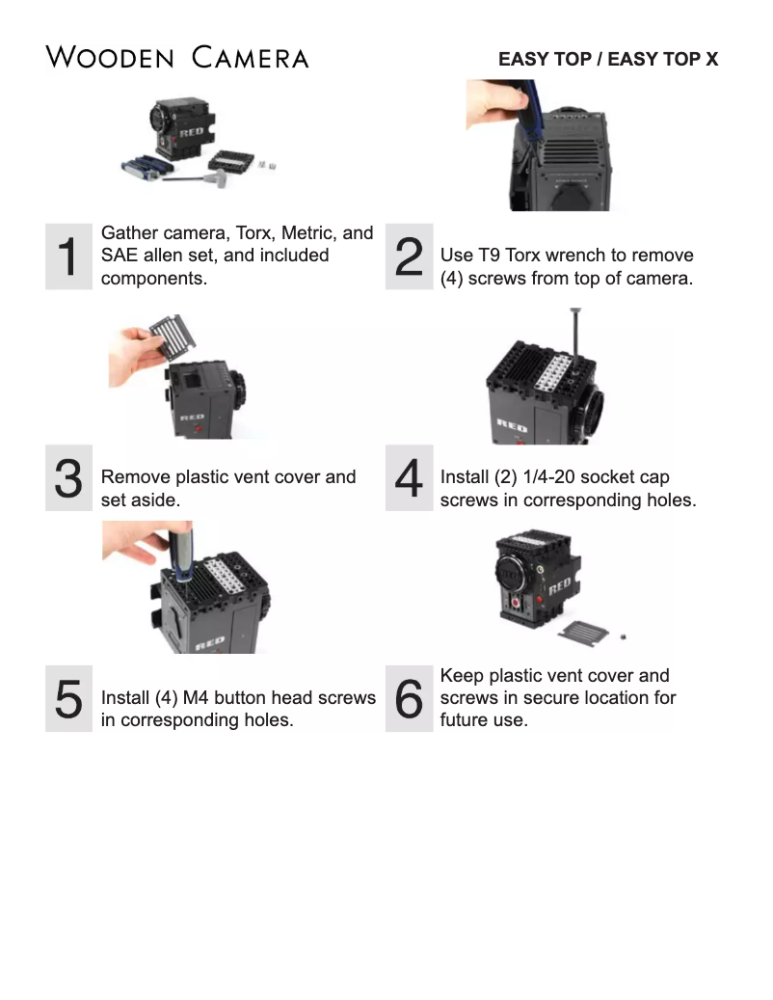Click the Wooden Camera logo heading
pyautogui.click(x=177, y=57)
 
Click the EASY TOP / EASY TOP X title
pyautogui.click(x=607, y=59)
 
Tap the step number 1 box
pyautogui.click(x=68, y=256)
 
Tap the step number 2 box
pyautogui.click(x=409, y=256)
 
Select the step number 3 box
pyautogui.click(x=68, y=478)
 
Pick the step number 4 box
pyautogui.click(x=409, y=478)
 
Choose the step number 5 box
pyautogui.click(x=68, y=698)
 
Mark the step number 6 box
pyautogui.click(x=409, y=698)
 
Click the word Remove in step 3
pyautogui.click(x=133, y=477)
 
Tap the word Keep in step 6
pyautogui.click(x=461, y=676)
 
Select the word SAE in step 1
pyautogui.click(x=119, y=256)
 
